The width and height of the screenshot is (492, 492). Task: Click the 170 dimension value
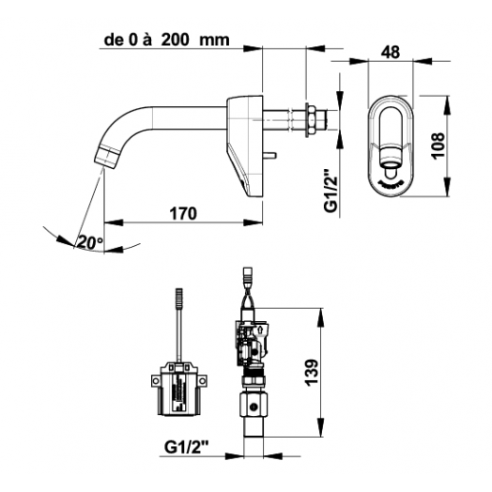[183, 213]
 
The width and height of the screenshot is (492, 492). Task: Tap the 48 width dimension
[391, 52]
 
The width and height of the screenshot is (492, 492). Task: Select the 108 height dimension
[438, 146]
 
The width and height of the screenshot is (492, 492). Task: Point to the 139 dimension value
[312, 372]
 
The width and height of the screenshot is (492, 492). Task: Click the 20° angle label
[90, 242]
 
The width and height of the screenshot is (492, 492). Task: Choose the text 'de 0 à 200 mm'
[166, 39]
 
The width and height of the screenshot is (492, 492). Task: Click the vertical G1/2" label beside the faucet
[331, 192]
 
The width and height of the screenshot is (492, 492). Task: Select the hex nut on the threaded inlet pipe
[312, 119]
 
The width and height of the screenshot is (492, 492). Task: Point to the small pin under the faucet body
[269, 154]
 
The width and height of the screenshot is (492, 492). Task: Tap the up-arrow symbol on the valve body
[260, 330]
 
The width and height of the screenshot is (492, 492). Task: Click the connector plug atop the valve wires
[248, 275]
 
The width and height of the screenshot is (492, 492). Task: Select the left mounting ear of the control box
[156, 380]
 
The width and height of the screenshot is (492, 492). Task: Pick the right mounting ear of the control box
[203, 380]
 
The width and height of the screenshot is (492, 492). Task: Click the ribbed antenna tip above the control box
[179, 298]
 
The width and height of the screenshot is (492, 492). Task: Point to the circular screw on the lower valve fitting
[254, 407]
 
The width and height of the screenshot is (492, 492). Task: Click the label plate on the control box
[178, 392]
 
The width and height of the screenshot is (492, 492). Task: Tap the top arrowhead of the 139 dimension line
[321, 316]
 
